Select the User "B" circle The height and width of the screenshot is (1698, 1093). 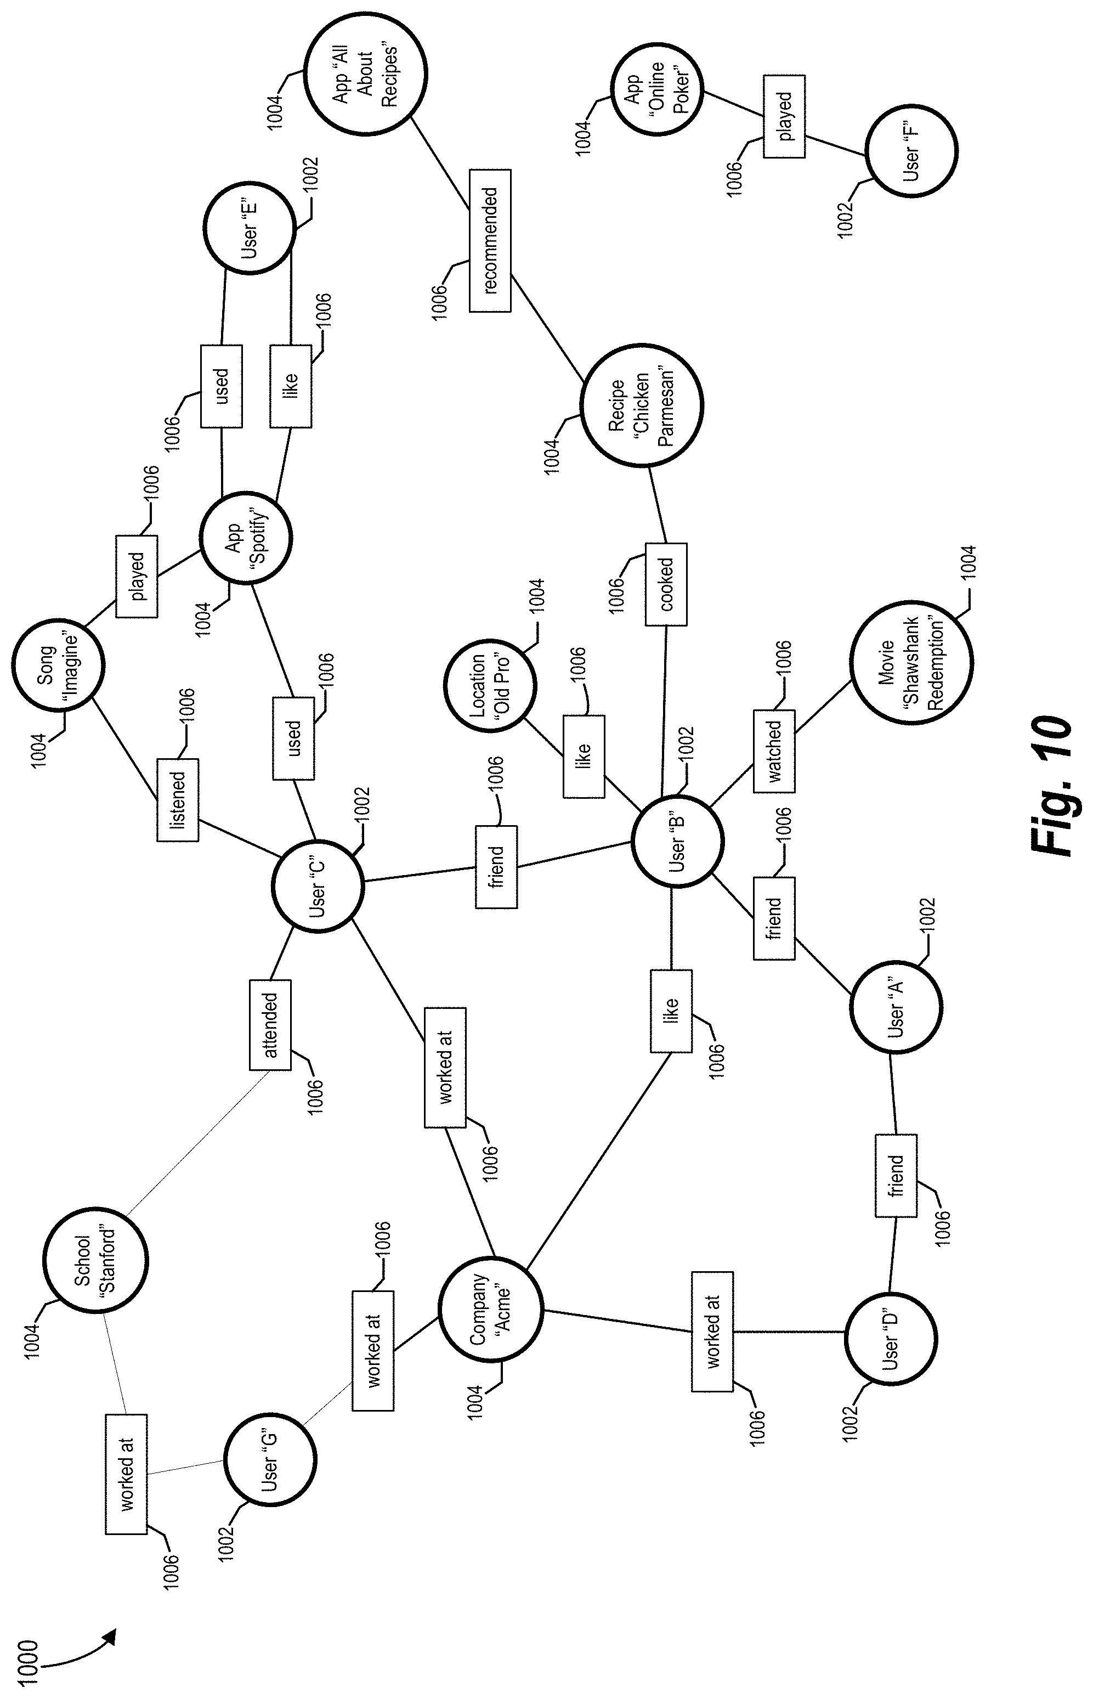[678, 841]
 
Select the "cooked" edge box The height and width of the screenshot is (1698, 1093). [666, 584]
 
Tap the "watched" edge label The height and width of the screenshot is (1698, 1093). [774, 751]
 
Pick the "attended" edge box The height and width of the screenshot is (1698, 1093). [270, 1024]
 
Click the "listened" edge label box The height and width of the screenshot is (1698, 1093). [178, 800]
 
